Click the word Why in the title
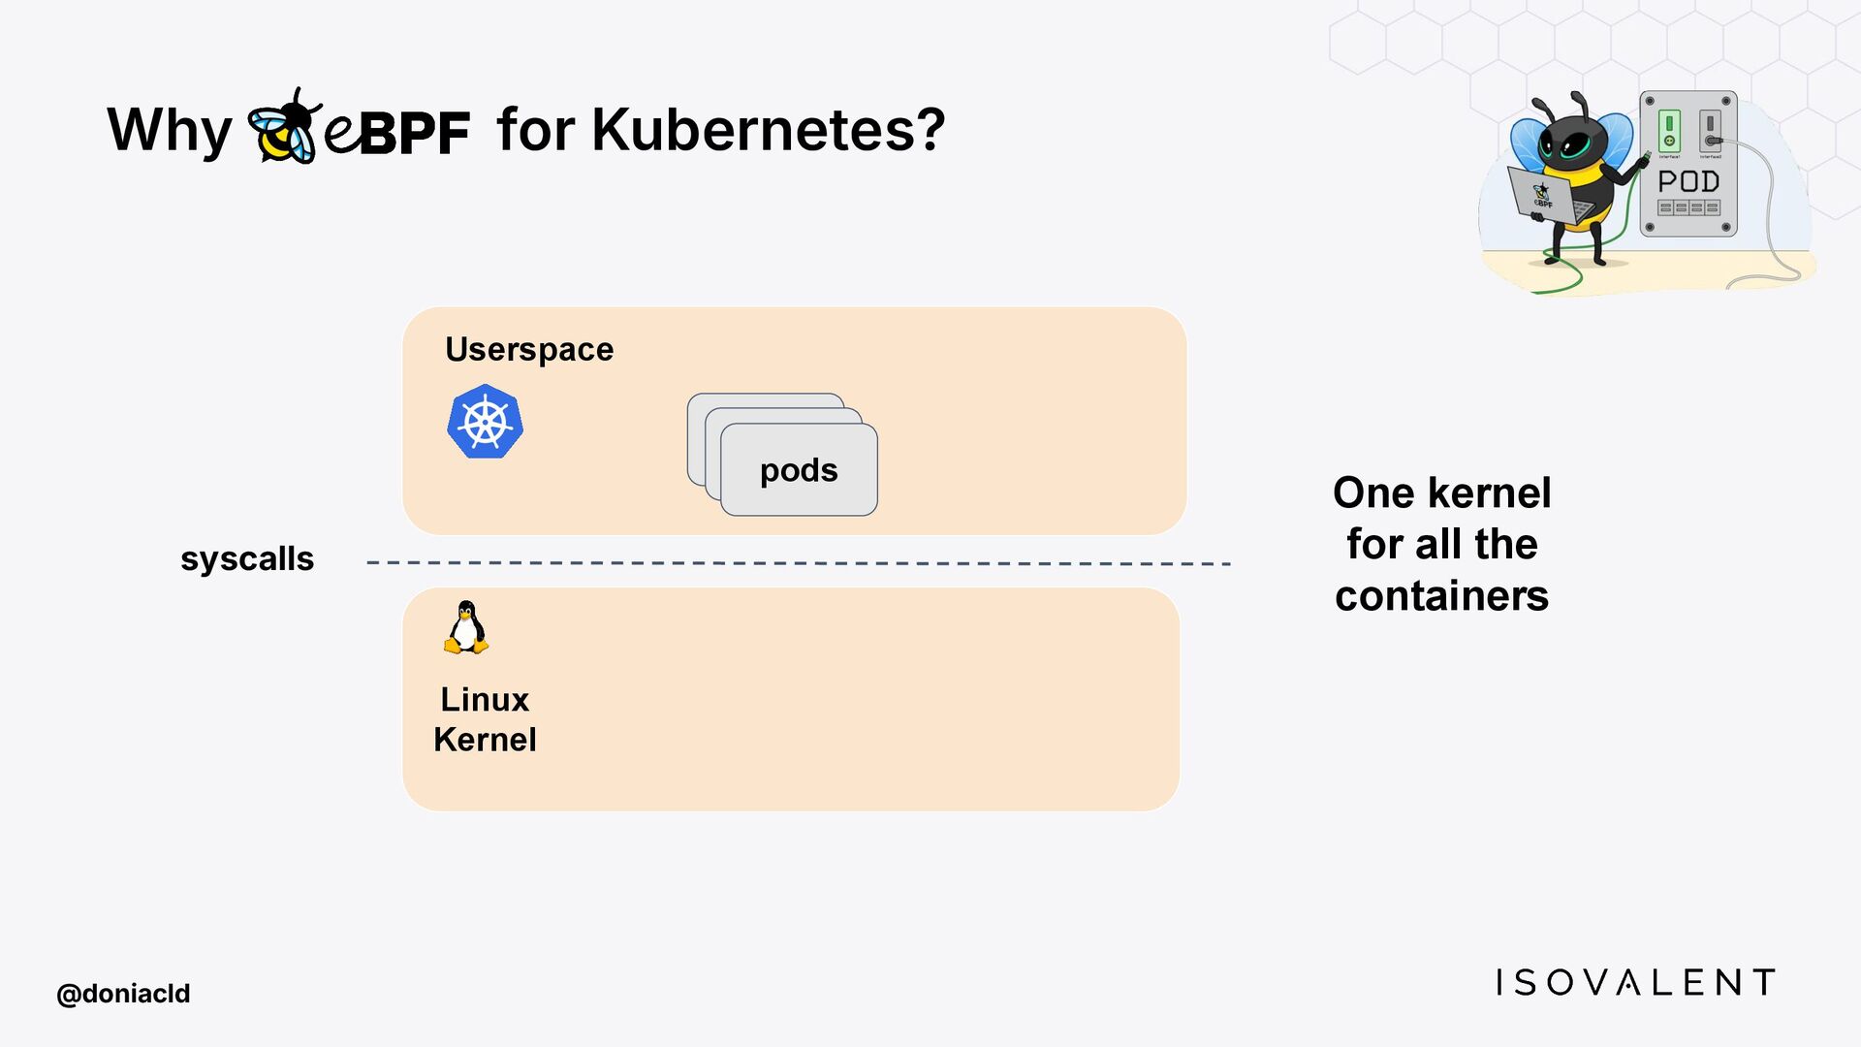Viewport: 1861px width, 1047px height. [169, 130]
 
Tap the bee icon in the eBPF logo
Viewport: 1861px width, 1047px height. [282, 127]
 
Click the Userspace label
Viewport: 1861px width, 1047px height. [529, 349]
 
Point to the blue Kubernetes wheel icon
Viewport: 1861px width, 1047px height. [485, 422]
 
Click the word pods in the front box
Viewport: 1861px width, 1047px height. [799, 470]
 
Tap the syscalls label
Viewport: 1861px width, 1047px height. [247, 559]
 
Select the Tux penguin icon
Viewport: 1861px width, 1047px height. [466, 627]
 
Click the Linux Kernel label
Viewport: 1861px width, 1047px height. [485, 719]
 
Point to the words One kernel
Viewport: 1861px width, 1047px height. [1441, 492]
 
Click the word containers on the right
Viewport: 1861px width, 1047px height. [1441, 595]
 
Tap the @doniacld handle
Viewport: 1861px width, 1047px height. [123, 994]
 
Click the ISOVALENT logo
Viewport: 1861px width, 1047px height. [1635, 982]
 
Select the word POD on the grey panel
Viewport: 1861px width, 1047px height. [1688, 181]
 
